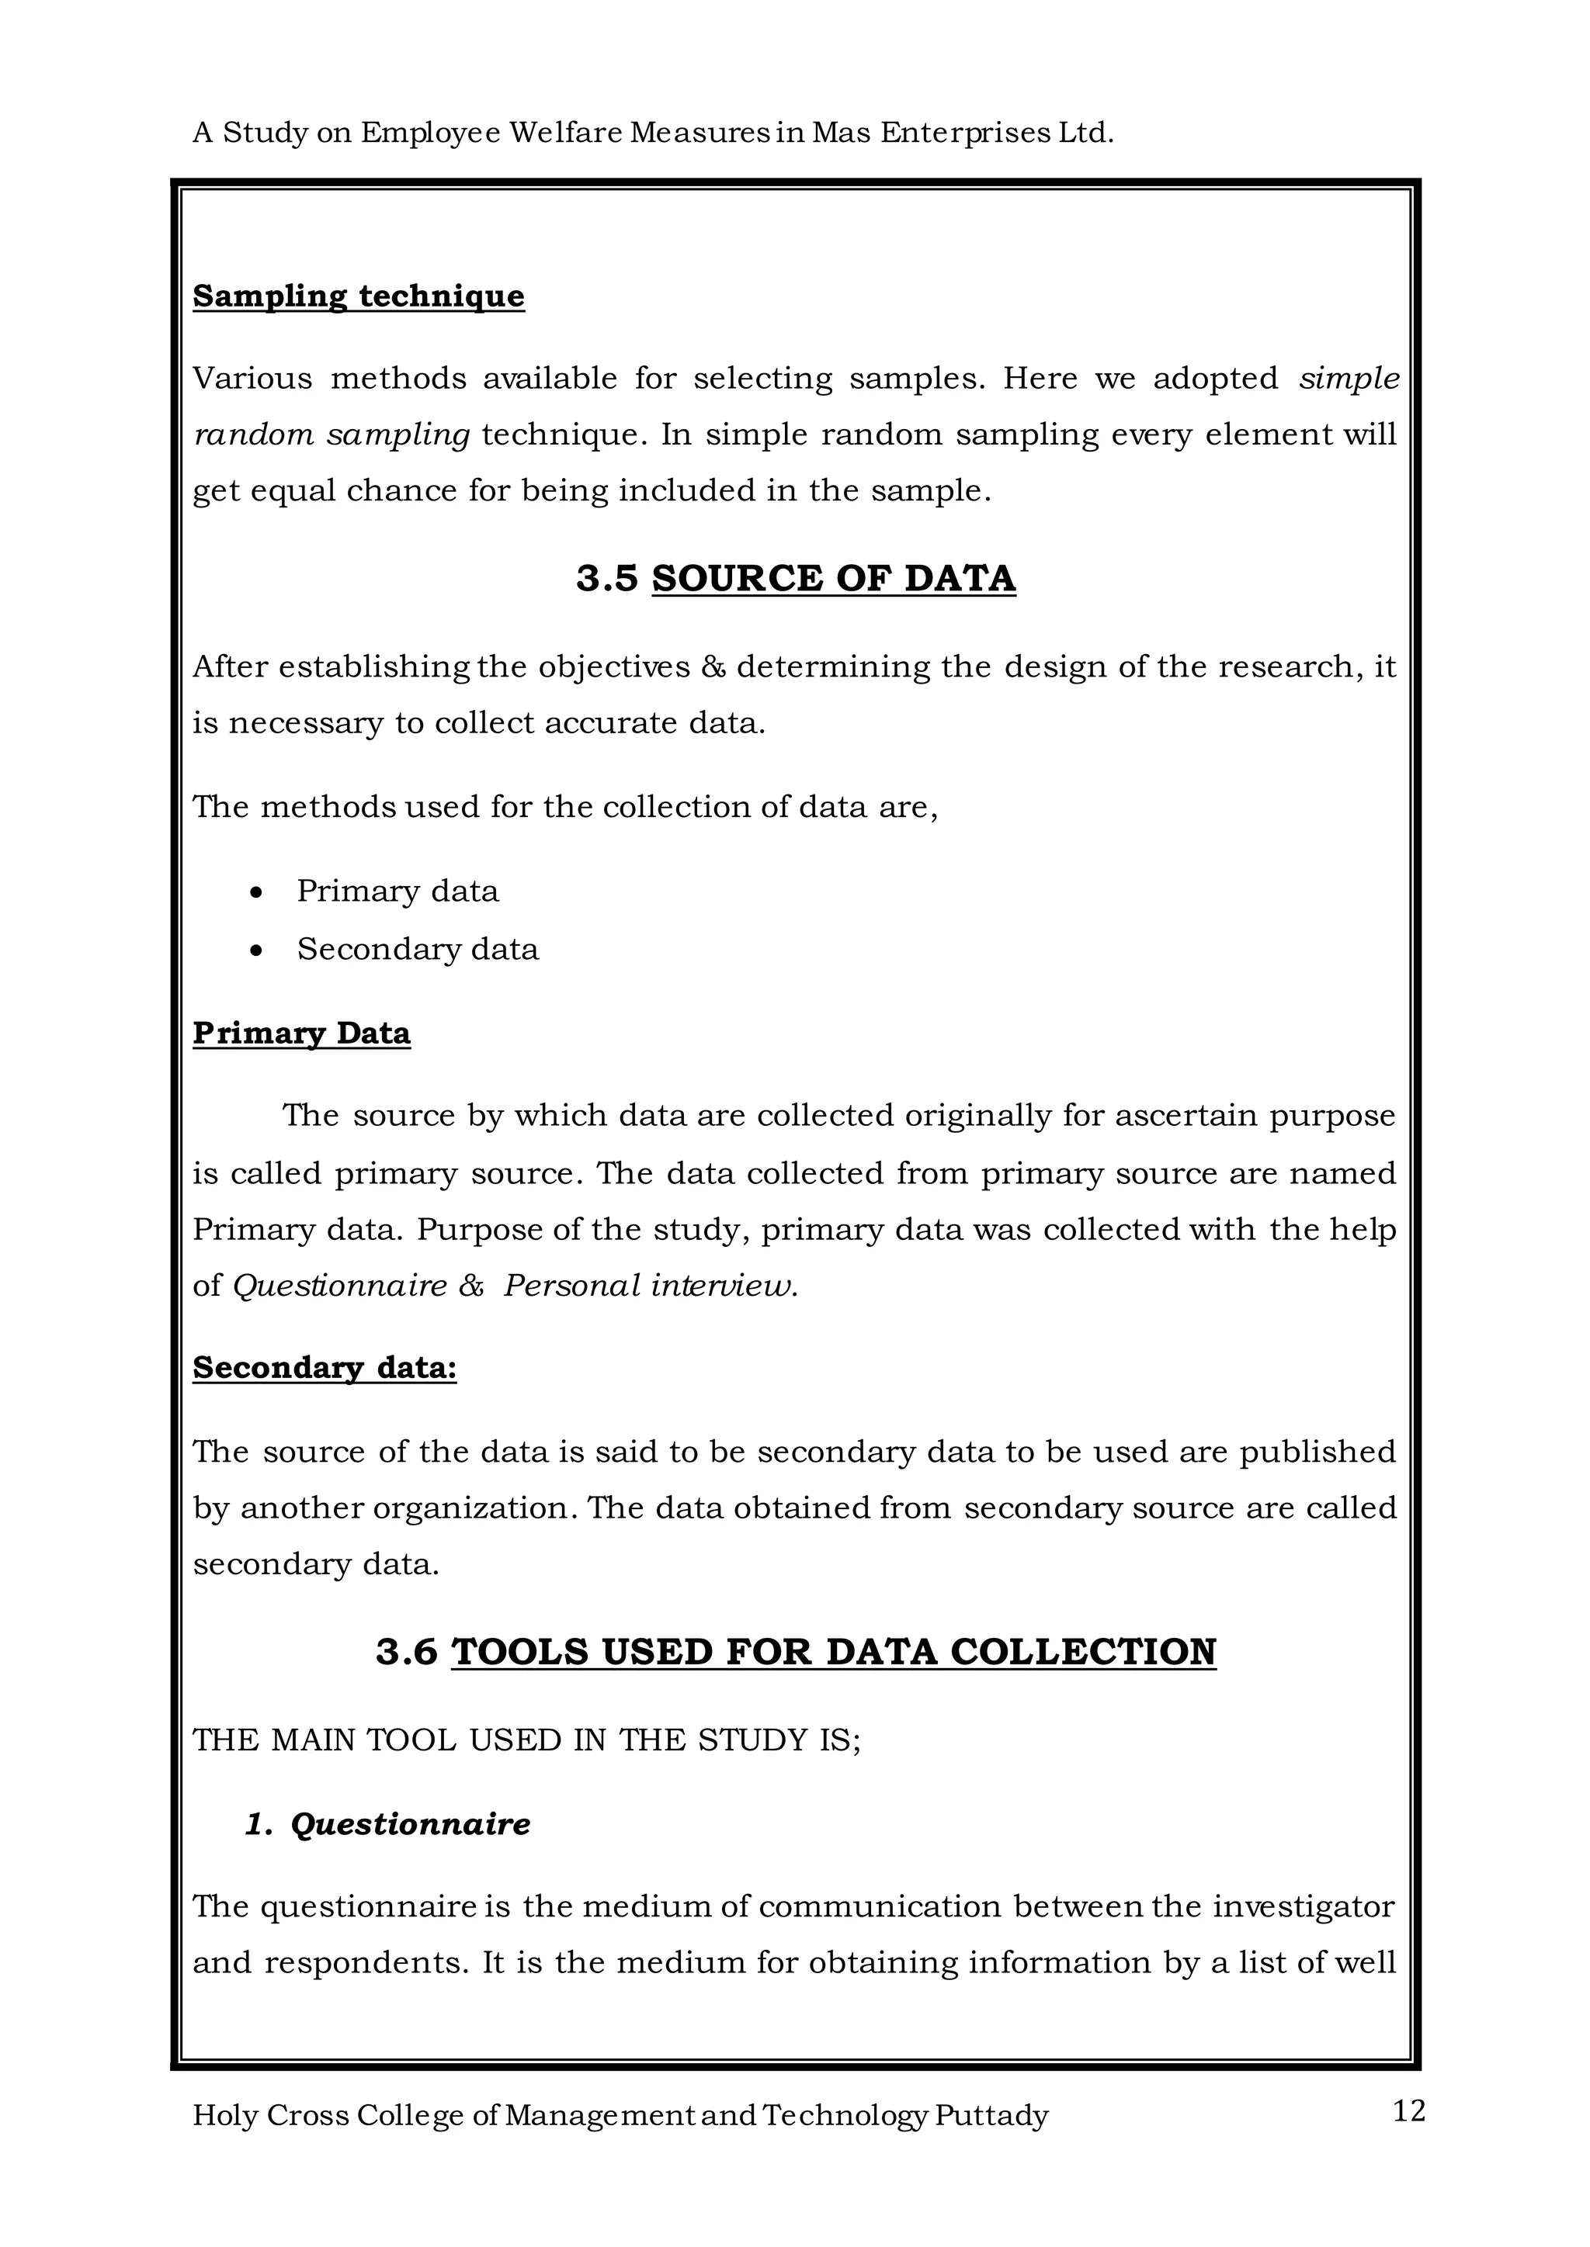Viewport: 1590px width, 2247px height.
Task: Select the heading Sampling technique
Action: click(x=359, y=296)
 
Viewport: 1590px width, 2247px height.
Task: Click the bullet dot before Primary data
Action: click(x=256, y=892)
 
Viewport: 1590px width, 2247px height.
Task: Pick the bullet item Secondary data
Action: click(x=417, y=949)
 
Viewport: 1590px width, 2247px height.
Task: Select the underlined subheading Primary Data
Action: click(x=301, y=1033)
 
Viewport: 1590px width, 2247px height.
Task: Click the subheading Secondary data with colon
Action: click(x=324, y=1367)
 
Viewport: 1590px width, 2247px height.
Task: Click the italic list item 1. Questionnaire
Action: click(x=387, y=1824)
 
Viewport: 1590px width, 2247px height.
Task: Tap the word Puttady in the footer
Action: click(x=991, y=2116)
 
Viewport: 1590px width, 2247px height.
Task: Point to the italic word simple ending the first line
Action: click(x=1349, y=379)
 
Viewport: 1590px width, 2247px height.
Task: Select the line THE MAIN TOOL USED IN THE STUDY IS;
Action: click(x=526, y=1740)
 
